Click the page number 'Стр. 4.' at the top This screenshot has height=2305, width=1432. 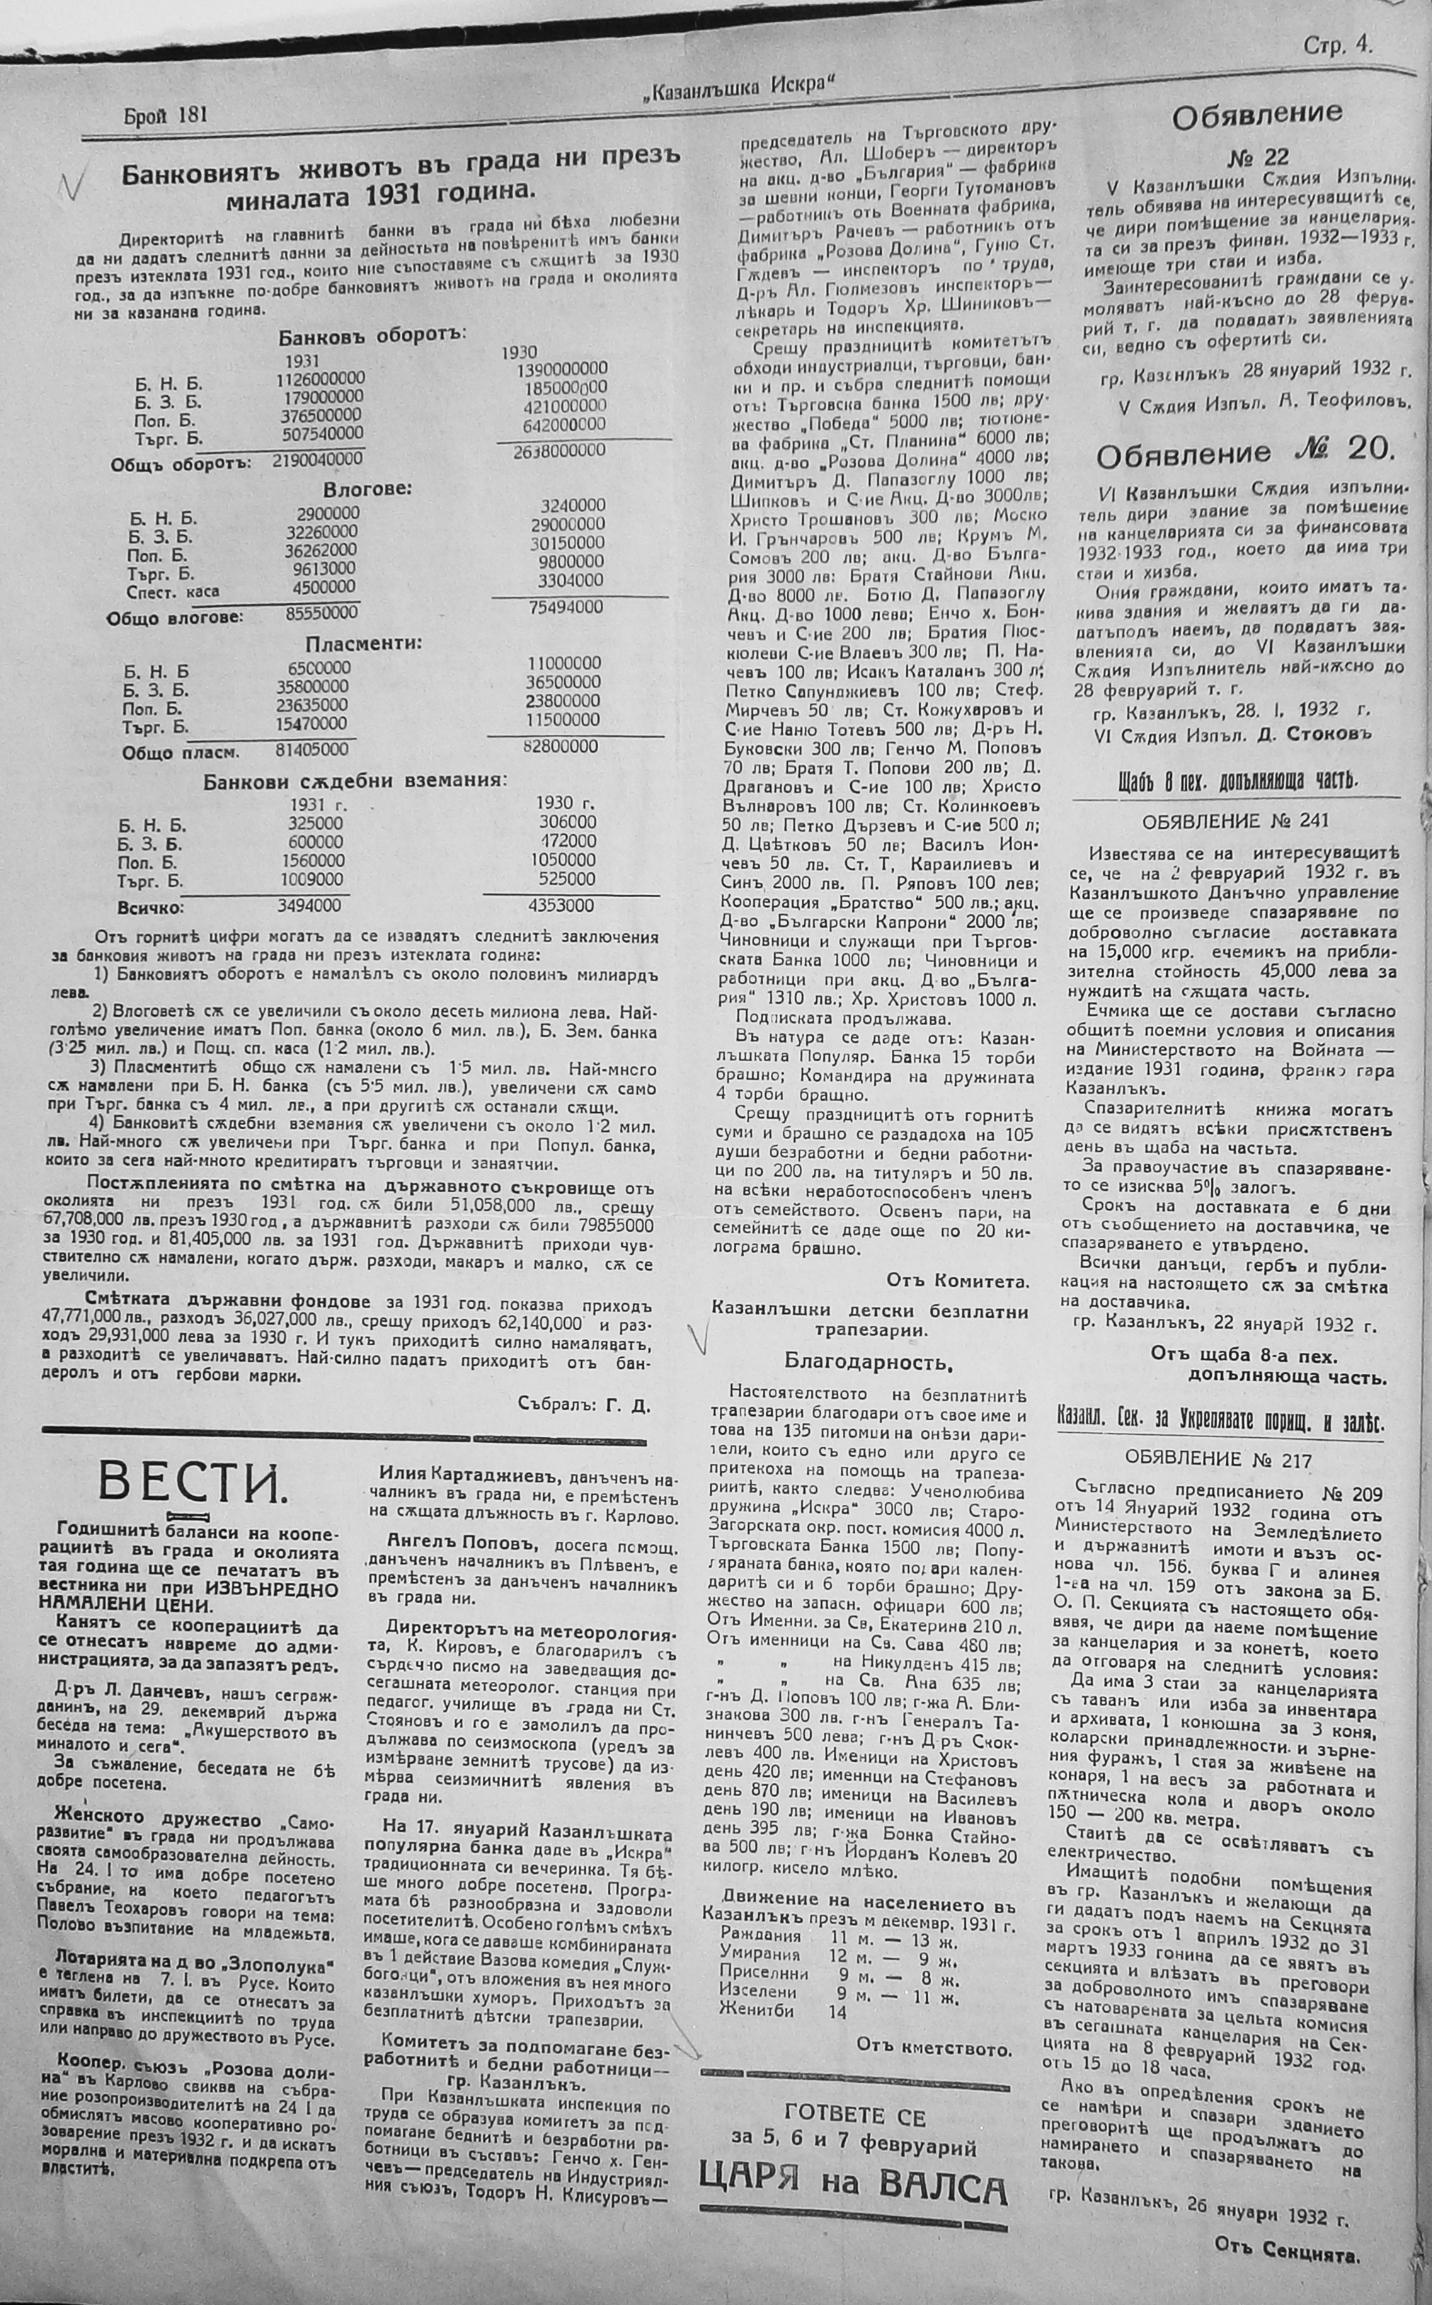[x=1336, y=45]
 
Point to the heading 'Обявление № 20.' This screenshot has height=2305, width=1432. [x=1245, y=452]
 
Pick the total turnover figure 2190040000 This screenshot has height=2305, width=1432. [x=316, y=458]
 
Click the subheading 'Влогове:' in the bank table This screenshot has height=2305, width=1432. [x=367, y=490]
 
